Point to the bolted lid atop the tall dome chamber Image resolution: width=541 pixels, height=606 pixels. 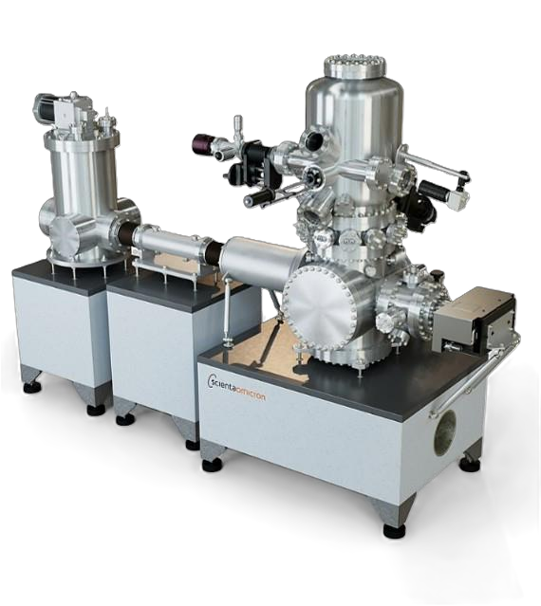355,67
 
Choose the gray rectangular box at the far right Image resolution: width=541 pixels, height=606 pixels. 474,321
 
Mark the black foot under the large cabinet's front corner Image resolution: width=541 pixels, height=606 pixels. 395,530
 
